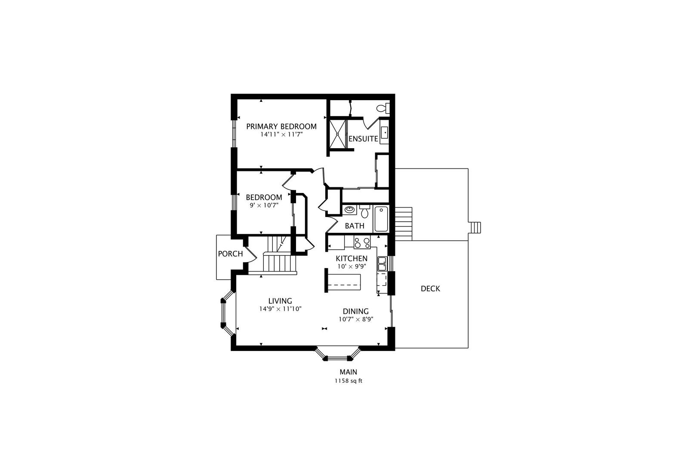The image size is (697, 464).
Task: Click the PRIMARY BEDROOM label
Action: tap(281, 126)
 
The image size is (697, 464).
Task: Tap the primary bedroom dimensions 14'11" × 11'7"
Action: tap(282, 134)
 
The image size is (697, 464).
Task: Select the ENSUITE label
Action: tap(363, 139)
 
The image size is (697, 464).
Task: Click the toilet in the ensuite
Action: tap(383, 108)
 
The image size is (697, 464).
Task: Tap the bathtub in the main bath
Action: tap(381, 219)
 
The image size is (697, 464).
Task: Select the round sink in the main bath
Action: tap(349, 210)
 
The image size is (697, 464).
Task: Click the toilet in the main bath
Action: tap(365, 211)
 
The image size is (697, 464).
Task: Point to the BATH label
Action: tap(355, 226)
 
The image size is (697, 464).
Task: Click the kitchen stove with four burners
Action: tap(362, 242)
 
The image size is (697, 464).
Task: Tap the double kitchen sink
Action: tap(382, 263)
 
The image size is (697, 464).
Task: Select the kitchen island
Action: tap(344, 282)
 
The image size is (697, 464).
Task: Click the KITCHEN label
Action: tap(352, 259)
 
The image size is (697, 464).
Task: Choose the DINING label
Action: tap(356, 311)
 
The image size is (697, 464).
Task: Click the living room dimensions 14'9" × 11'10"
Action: tap(281, 309)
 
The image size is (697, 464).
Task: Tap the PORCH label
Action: tap(230, 254)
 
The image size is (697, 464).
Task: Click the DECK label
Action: tap(430, 289)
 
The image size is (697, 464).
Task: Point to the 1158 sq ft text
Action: tap(348, 381)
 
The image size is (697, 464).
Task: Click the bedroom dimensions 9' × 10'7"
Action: tap(264, 205)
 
